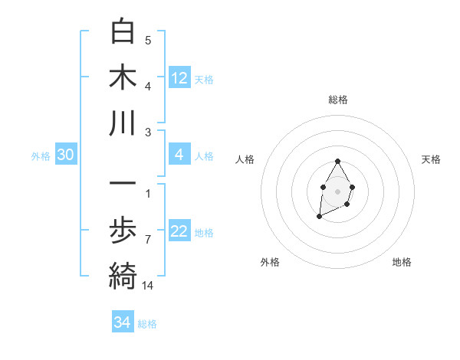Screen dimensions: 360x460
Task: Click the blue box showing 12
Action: click(179, 78)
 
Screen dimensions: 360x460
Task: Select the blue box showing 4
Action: click(179, 155)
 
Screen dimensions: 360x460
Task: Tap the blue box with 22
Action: click(179, 232)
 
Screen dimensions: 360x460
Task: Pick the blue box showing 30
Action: click(66, 155)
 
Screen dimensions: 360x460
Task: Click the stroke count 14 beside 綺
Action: click(147, 286)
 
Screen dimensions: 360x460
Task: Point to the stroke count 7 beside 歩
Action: click(147, 240)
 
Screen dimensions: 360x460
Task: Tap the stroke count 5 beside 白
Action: click(148, 41)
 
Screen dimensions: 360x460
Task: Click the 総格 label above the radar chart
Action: click(338, 100)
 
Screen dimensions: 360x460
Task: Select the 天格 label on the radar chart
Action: click(431, 159)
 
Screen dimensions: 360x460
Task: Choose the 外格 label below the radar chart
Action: click(270, 263)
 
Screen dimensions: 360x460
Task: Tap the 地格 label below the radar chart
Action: click(402, 263)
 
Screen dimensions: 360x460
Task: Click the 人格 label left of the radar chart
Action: click(245, 159)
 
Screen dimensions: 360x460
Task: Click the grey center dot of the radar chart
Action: click(337, 190)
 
